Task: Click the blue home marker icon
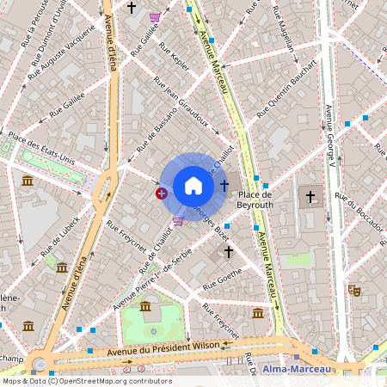point(193,186)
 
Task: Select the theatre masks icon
point(353,292)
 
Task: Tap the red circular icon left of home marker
point(162,193)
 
